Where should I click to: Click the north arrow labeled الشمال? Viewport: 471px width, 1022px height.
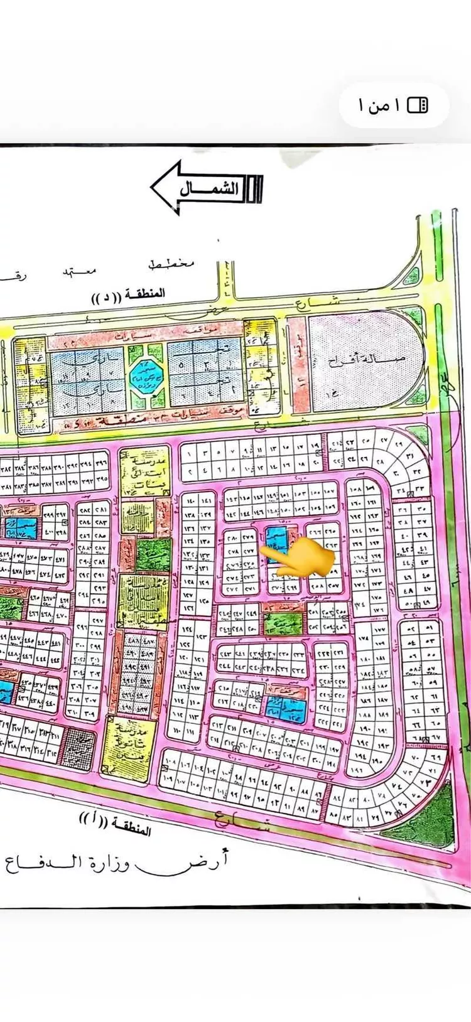click(206, 188)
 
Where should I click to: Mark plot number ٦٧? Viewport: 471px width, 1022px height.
click(434, 738)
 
